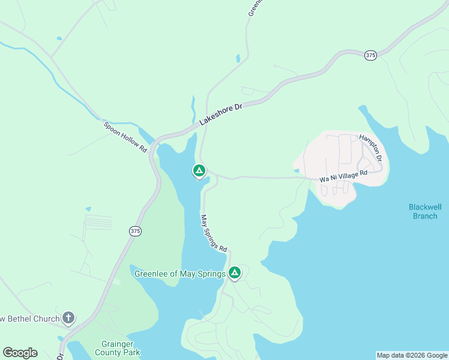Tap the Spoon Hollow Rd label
tap(125, 137)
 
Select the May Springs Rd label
tap(214, 233)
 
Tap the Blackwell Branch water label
tap(425, 211)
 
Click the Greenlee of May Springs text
tap(179, 274)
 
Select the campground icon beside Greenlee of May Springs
tap(235, 273)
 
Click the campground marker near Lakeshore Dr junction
tap(199, 171)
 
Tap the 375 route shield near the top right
tap(370, 55)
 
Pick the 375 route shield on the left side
tap(135, 231)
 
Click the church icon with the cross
tap(69, 318)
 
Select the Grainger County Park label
tap(117, 348)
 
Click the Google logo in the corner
tap(20, 353)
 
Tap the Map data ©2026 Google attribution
tap(412, 355)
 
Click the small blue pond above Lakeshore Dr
tap(238, 59)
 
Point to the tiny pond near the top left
tap(58, 39)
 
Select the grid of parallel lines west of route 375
tap(98, 222)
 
